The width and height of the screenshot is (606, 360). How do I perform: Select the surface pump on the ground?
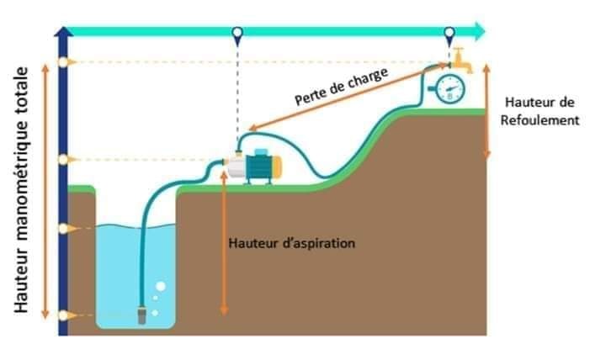[253, 167]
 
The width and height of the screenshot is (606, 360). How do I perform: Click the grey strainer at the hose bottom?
[142, 315]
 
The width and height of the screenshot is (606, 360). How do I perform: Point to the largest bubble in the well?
[161, 286]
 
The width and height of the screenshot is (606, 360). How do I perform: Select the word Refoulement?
[540, 120]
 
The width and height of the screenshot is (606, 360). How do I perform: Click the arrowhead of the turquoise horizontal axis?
[480, 32]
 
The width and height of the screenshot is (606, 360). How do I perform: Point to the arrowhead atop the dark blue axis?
[63, 32]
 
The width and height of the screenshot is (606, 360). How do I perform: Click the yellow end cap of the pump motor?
[277, 167]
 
